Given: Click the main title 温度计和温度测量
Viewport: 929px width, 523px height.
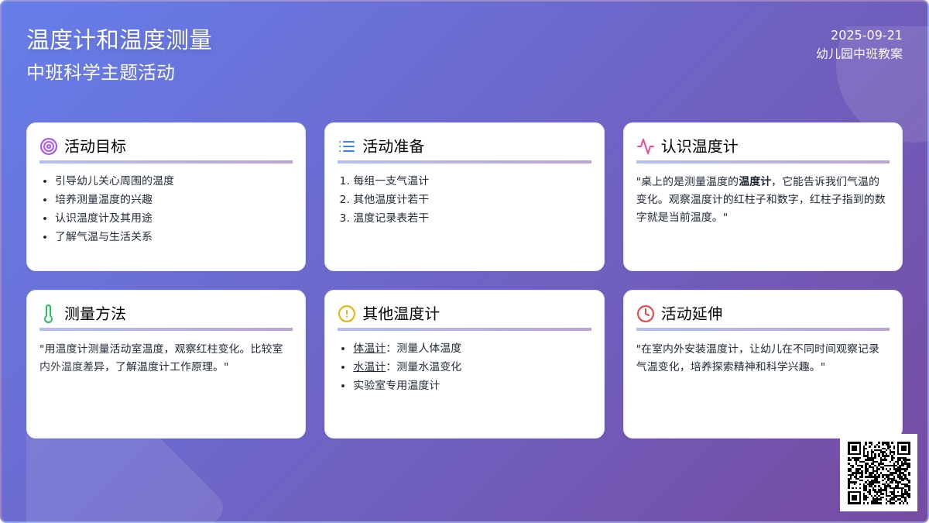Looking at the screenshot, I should click(x=119, y=40).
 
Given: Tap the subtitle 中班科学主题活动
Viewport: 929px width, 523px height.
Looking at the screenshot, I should click(x=101, y=73).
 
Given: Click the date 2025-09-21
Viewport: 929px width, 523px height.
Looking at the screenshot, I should click(x=866, y=36).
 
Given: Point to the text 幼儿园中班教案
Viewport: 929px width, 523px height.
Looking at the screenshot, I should click(x=859, y=54).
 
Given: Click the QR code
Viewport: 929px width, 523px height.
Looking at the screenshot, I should click(x=878, y=473).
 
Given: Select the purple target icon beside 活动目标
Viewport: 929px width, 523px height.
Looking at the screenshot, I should click(x=49, y=146).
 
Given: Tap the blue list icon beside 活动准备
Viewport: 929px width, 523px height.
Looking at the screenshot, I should click(x=347, y=146).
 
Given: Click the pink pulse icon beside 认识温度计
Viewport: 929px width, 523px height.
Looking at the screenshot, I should click(x=646, y=146).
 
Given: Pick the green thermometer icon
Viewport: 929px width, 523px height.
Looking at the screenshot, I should click(x=49, y=314).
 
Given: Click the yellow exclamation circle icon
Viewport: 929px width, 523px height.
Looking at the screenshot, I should click(x=347, y=314).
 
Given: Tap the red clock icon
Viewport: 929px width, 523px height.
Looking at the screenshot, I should click(x=646, y=314).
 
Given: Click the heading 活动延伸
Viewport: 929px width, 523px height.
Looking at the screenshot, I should click(x=691, y=314).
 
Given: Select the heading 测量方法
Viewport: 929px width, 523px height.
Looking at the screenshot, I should click(x=94, y=314).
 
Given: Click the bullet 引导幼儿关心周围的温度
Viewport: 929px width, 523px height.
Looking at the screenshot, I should click(x=115, y=181).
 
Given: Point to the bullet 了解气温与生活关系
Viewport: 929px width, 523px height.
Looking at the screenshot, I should click(x=103, y=236).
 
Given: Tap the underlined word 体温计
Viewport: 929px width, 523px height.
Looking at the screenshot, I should click(x=369, y=348).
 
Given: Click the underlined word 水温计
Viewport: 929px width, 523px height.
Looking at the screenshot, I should click(x=369, y=366).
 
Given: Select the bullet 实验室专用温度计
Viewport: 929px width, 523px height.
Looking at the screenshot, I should click(x=396, y=385).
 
